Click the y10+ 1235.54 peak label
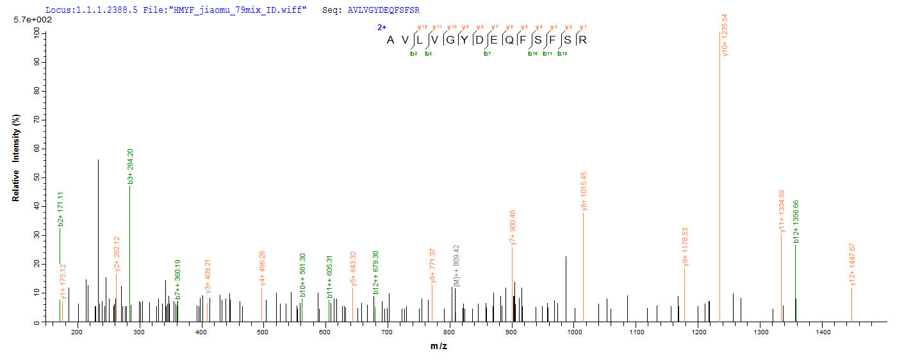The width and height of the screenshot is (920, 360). pos(725,35)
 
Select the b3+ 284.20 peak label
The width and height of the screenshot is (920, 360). pos(131,167)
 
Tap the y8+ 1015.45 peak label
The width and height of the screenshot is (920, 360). pos(583,190)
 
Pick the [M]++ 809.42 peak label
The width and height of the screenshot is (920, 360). pos(456,265)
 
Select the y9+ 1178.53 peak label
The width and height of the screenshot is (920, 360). pos(685,247)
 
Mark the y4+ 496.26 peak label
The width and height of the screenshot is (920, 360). pos(263,269)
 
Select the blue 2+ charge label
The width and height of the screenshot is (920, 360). pos(382,28)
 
